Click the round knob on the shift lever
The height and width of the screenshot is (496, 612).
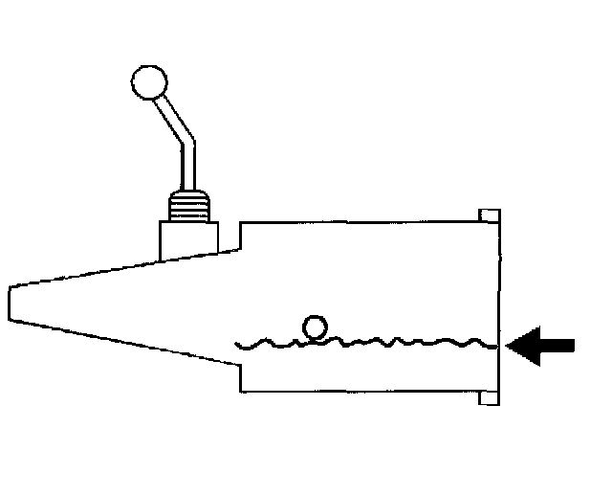[x=148, y=82]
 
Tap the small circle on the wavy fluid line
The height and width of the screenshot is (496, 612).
[x=313, y=327]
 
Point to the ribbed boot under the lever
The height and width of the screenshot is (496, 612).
[x=187, y=205]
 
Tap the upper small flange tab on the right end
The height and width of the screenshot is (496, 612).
[x=488, y=216]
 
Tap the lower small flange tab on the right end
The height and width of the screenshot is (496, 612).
[x=488, y=397]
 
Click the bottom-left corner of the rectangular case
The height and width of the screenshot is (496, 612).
[x=240, y=391]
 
